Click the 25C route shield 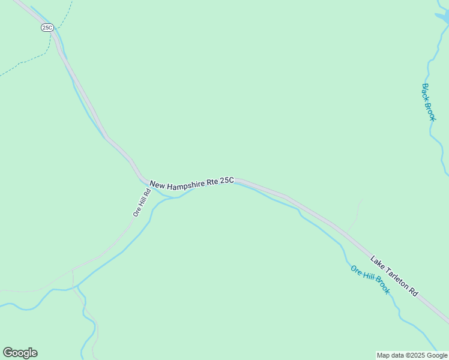[x=47, y=28]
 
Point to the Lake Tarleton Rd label [x=394, y=275]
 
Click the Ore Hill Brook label [x=370, y=280]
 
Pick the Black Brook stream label [x=428, y=102]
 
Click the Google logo [x=20, y=353]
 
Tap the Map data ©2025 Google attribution [x=412, y=355]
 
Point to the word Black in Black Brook [x=426, y=92]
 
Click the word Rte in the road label [x=212, y=183]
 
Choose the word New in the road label [x=157, y=185]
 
